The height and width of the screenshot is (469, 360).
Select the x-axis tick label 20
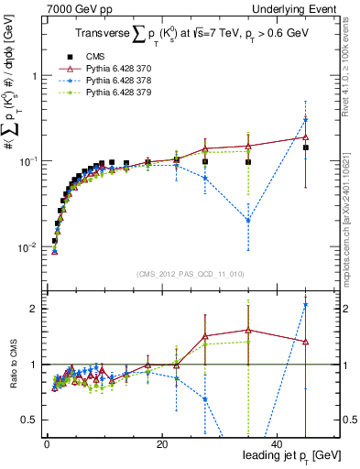161,443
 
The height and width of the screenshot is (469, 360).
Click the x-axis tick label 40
277,443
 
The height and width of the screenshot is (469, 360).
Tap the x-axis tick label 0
46,443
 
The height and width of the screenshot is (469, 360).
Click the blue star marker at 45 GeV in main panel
305,119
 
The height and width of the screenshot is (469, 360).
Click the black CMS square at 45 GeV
305,147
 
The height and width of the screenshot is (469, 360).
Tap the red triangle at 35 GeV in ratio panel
247,330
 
